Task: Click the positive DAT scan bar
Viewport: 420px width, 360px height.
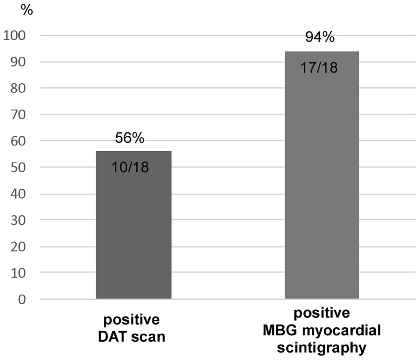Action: pyautogui.click(x=133, y=233)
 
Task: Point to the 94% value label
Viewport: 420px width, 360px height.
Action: pyautogui.click(x=319, y=38)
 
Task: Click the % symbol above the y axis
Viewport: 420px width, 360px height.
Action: pyautogui.click(x=27, y=10)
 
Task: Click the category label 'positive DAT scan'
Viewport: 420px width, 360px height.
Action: pyautogui.click(x=131, y=328)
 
